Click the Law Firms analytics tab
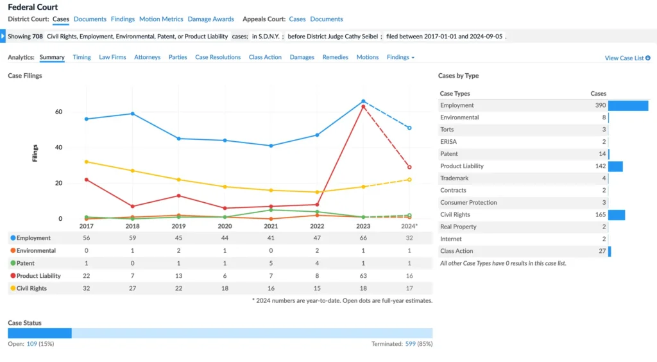pyautogui.click(x=112, y=57)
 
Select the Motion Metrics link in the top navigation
pyautogui.click(x=161, y=19)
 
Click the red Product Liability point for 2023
pyautogui.click(x=363, y=107)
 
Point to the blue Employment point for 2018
pyautogui.click(x=132, y=114)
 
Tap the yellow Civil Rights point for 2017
pyautogui.click(x=86, y=162)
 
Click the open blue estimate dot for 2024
pyautogui.click(x=409, y=128)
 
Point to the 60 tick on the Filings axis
pyautogui.click(x=58, y=112)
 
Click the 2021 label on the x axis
pyautogui.click(x=271, y=226)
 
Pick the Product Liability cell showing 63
pyautogui.click(x=363, y=275)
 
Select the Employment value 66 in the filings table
pyautogui.click(x=363, y=238)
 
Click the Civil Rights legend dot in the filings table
pyautogui.click(x=13, y=288)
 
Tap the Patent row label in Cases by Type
pyautogui.click(x=449, y=154)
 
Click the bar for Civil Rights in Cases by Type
pyautogui.click(x=617, y=214)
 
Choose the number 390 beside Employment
pyautogui.click(x=600, y=105)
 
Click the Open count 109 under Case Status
pyautogui.click(x=31, y=344)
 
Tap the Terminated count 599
pyautogui.click(x=411, y=344)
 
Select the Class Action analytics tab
pyautogui.click(x=265, y=57)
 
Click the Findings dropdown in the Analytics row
pyautogui.click(x=400, y=57)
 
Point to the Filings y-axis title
pyautogui.click(x=35, y=153)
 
